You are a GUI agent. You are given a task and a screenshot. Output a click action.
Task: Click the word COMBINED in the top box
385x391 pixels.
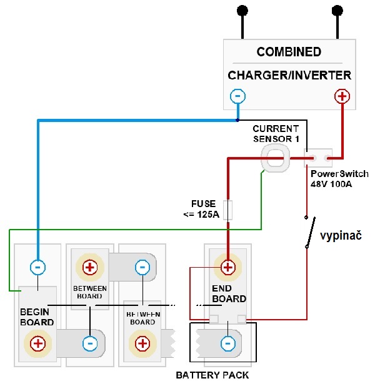(289, 52)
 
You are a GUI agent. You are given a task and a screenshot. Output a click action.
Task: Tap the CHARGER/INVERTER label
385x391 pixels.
(289, 75)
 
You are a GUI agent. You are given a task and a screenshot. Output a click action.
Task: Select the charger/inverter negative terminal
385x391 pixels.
(237, 96)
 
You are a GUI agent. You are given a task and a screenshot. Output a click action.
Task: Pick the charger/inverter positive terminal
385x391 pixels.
(342, 96)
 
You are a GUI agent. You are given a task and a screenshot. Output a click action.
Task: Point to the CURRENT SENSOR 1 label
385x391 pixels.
(276, 134)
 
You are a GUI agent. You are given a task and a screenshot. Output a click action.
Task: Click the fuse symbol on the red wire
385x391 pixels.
(227, 210)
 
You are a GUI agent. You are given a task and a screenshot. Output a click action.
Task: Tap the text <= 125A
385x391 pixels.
(201, 215)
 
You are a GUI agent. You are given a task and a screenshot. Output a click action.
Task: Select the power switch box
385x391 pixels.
(318, 158)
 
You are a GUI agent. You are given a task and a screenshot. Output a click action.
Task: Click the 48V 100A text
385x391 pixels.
(331, 185)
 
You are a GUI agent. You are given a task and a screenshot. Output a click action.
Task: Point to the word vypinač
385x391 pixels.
(341, 235)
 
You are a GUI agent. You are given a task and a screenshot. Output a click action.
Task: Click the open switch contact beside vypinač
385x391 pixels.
(310, 232)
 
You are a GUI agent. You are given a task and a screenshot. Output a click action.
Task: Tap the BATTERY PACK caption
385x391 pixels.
(212, 375)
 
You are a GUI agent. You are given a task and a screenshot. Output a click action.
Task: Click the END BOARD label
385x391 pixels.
(229, 293)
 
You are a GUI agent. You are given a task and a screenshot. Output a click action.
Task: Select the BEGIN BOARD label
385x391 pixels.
(37, 317)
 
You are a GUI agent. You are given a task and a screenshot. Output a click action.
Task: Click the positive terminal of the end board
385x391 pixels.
(227, 267)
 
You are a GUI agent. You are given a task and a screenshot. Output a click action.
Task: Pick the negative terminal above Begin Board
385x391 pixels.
(37, 267)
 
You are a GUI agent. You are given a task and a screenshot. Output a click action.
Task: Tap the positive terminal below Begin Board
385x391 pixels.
(38, 343)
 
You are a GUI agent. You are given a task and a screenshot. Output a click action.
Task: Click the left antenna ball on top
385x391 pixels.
(242, 11)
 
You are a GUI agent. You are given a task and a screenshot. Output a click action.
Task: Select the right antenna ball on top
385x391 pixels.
(337, 11)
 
